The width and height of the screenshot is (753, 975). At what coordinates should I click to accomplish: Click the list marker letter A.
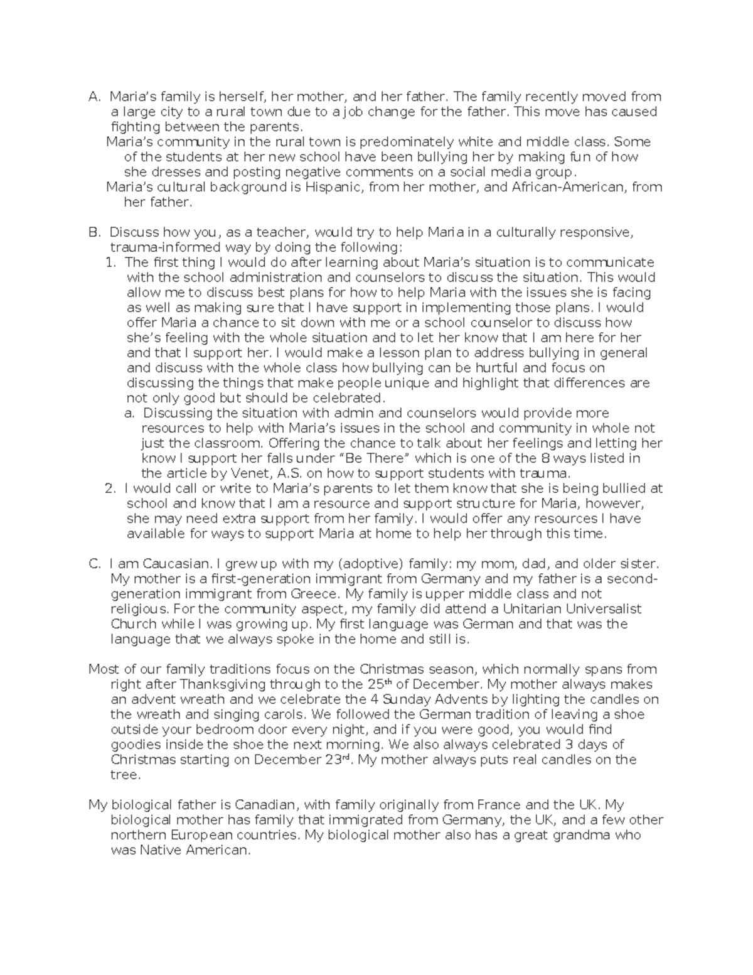pyautogui.click(x=94, y=97)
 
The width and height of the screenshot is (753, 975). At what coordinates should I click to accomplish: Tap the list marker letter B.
pyautogui.click(x=94, y=232)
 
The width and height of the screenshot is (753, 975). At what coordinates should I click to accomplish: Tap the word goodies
pyautogui.click(x=135, y=745)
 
